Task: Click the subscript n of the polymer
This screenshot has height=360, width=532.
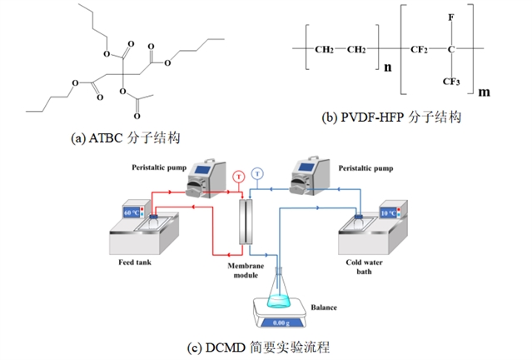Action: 386,68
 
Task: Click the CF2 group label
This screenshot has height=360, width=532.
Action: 419,48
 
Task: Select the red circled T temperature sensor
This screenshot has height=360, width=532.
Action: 239,177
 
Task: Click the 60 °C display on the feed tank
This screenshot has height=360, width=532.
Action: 132,212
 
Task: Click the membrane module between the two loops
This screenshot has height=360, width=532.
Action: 245,220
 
